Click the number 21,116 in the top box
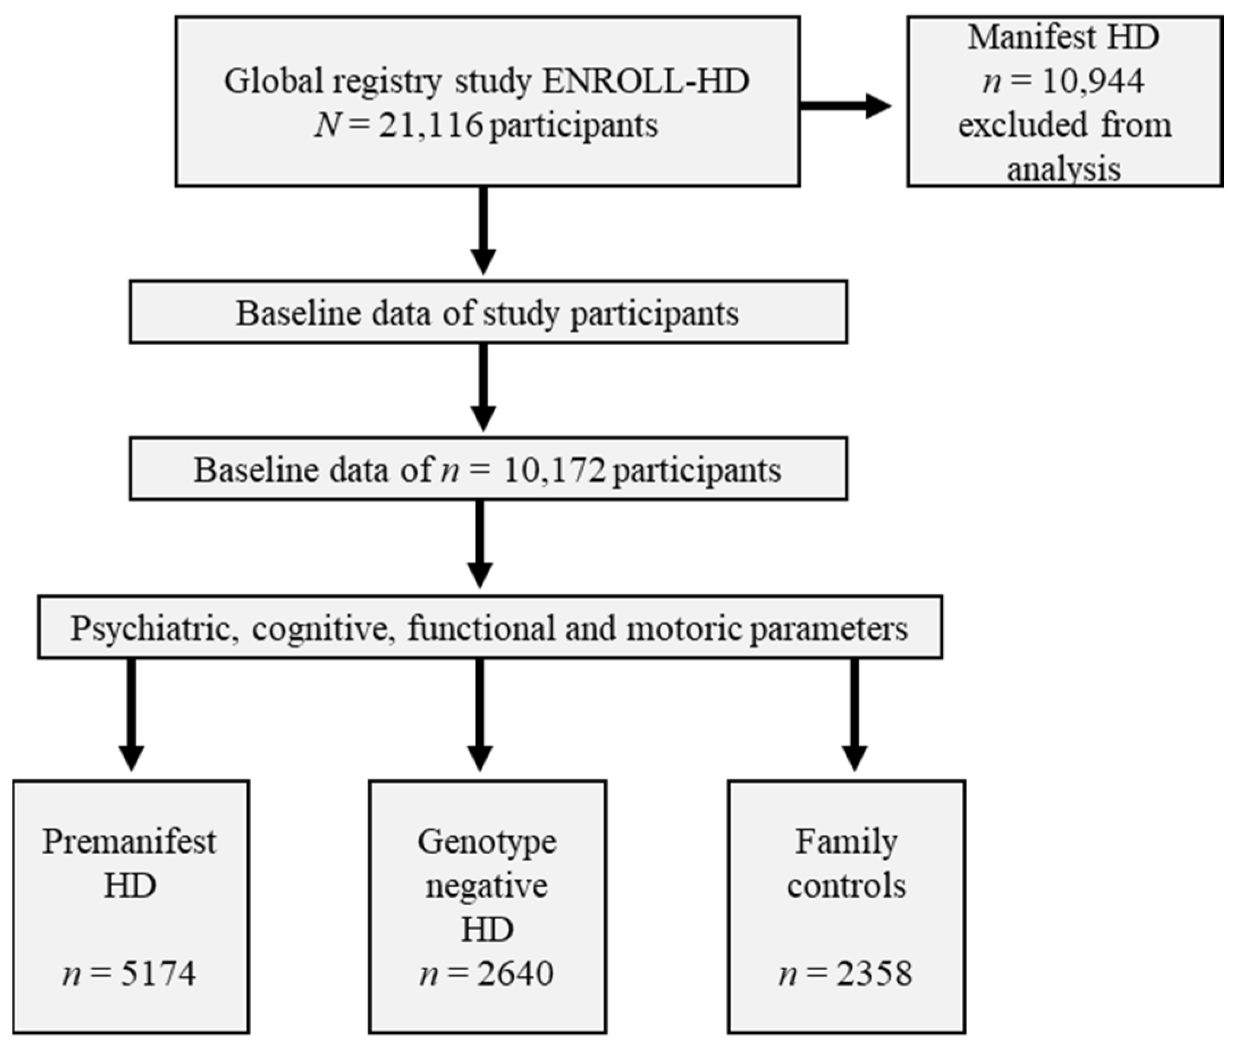(x=429, y=126)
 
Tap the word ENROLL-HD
(x=645, y=81)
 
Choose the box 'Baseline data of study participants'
(x=488, y=313)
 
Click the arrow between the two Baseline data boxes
(x=483, y=388)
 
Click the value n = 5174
(x=129, y=974)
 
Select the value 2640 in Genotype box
(x=515, y=974)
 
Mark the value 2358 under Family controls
(x=873, y=974)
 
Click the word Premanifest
(x=129, y=843)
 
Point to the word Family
(x=846, y=843)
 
